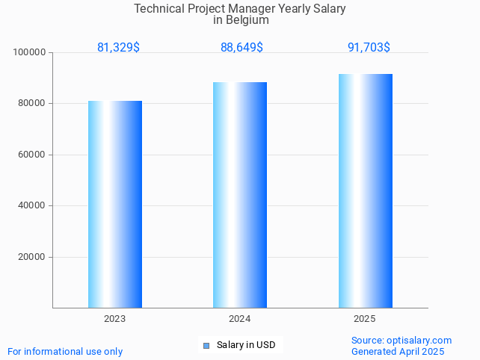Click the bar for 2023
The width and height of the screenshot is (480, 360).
pyautogui.click(x=115, y=204)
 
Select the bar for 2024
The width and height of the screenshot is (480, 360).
pyautogui.click(x=240, y=195)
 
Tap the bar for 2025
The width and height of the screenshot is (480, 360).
pyautogui.click(x=365, y=190)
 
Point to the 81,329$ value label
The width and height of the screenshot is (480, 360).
pyautogui.click(x=118, y=47)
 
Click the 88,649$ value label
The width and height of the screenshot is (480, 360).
pyautogui.click(x=241, y=47)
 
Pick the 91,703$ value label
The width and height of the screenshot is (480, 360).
pyautogui.click(x=369, y=47)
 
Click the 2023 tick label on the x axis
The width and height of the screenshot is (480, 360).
pyautogui.click(x=115, y=319)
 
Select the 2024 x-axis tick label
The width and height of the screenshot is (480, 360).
pyautogui.click(x=240, y=319)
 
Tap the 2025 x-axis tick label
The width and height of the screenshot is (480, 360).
pyautogui.click(x=365, y=319)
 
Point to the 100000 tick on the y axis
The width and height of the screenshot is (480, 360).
pyautogui.click(x=31, y=53)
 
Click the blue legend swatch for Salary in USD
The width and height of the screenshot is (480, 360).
pyautogui.click(x=206, y=345)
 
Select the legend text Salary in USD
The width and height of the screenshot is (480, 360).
pyautogui.click(x=246, y=345)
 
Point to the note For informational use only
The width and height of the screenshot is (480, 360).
pyautogui.click(x=65, y=351)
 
